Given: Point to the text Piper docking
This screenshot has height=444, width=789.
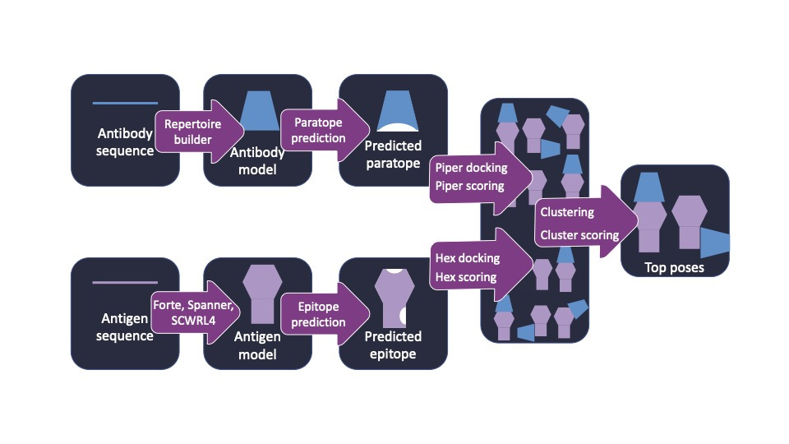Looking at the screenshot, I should point(471,168).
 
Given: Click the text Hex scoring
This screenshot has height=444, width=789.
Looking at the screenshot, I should point(467,277).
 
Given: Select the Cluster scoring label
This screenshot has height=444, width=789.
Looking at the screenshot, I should point(579,235).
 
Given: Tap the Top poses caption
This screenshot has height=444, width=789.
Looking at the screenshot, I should point(675,267).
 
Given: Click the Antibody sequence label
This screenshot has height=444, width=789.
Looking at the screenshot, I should point(125,141).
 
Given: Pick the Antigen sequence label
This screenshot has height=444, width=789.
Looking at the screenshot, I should point(125,327).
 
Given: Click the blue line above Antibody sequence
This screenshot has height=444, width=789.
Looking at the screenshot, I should point(125,104).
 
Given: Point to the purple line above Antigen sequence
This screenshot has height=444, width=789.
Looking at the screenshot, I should point(125,283).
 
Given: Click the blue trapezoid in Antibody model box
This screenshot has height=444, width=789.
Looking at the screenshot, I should point(258,112).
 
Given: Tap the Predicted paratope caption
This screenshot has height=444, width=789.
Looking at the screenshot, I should point(393,154).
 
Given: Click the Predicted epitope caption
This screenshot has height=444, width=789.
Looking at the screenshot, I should point(393,345).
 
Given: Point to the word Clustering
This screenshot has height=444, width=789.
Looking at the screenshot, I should point(567,212).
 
